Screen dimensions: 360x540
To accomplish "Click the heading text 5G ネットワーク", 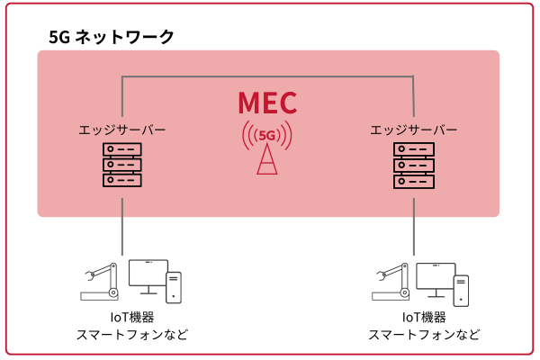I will click(111, 38).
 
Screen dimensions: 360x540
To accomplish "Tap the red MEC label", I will click(267, 102).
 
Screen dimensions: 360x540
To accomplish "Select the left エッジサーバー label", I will click(122, 130).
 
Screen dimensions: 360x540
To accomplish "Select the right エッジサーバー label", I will click(414, 130).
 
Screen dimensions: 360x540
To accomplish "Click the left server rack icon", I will click(122, 165).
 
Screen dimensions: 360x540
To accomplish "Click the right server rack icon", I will click(414, 165).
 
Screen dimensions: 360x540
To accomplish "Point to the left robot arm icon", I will click(100, 281).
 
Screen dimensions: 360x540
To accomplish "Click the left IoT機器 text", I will click(132, 317).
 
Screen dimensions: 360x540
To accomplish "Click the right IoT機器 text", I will click(423, 317).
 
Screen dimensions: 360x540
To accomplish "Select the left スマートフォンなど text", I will click(132, 335).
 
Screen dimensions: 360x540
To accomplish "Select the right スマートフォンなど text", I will click(423, 335).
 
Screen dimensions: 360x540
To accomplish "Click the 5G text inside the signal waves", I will click(267, 136).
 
